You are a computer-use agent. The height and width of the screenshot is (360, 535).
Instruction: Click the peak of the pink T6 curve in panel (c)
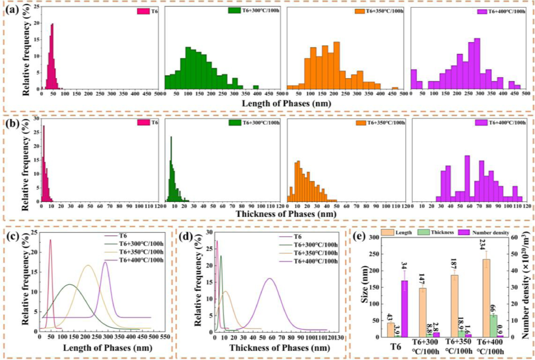click(50, 240)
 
